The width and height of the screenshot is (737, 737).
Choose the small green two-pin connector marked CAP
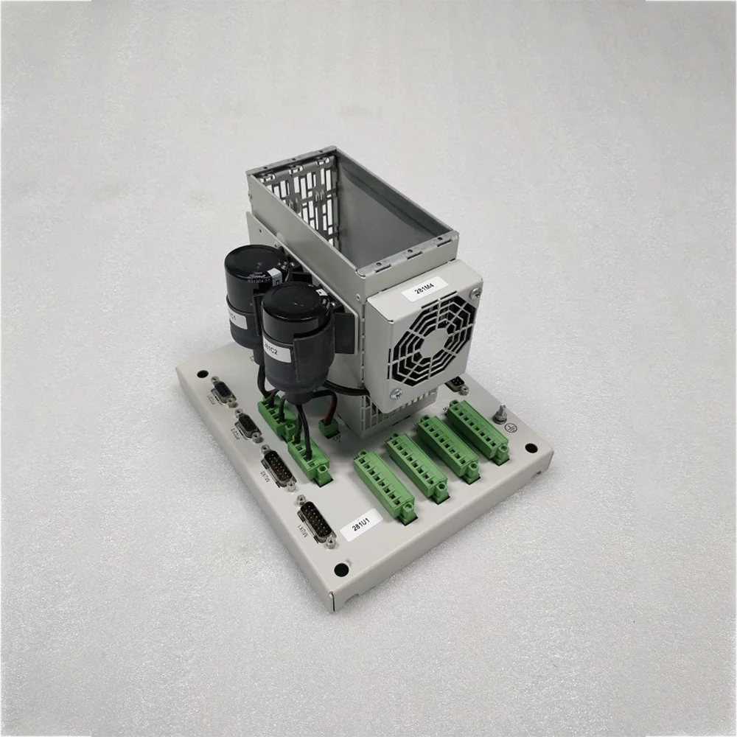(328, 430)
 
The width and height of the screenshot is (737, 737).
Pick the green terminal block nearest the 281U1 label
(385, 487)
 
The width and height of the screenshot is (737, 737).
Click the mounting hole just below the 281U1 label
(340, 570)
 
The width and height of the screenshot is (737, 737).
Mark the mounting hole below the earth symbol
(531, 447)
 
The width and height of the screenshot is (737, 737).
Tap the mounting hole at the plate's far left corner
(202, 374)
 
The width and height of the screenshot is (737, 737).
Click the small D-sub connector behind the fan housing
(457, 383)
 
